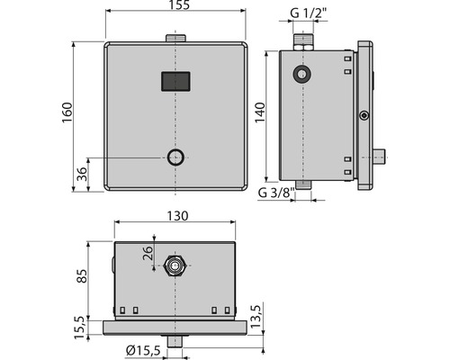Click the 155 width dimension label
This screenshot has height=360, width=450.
175,6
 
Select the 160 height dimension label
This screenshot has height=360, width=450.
66,115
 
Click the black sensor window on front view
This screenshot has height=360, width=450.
175,81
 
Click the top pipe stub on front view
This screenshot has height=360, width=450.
175,38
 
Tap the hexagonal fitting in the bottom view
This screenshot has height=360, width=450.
175,266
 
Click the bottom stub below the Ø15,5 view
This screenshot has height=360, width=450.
175,342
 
